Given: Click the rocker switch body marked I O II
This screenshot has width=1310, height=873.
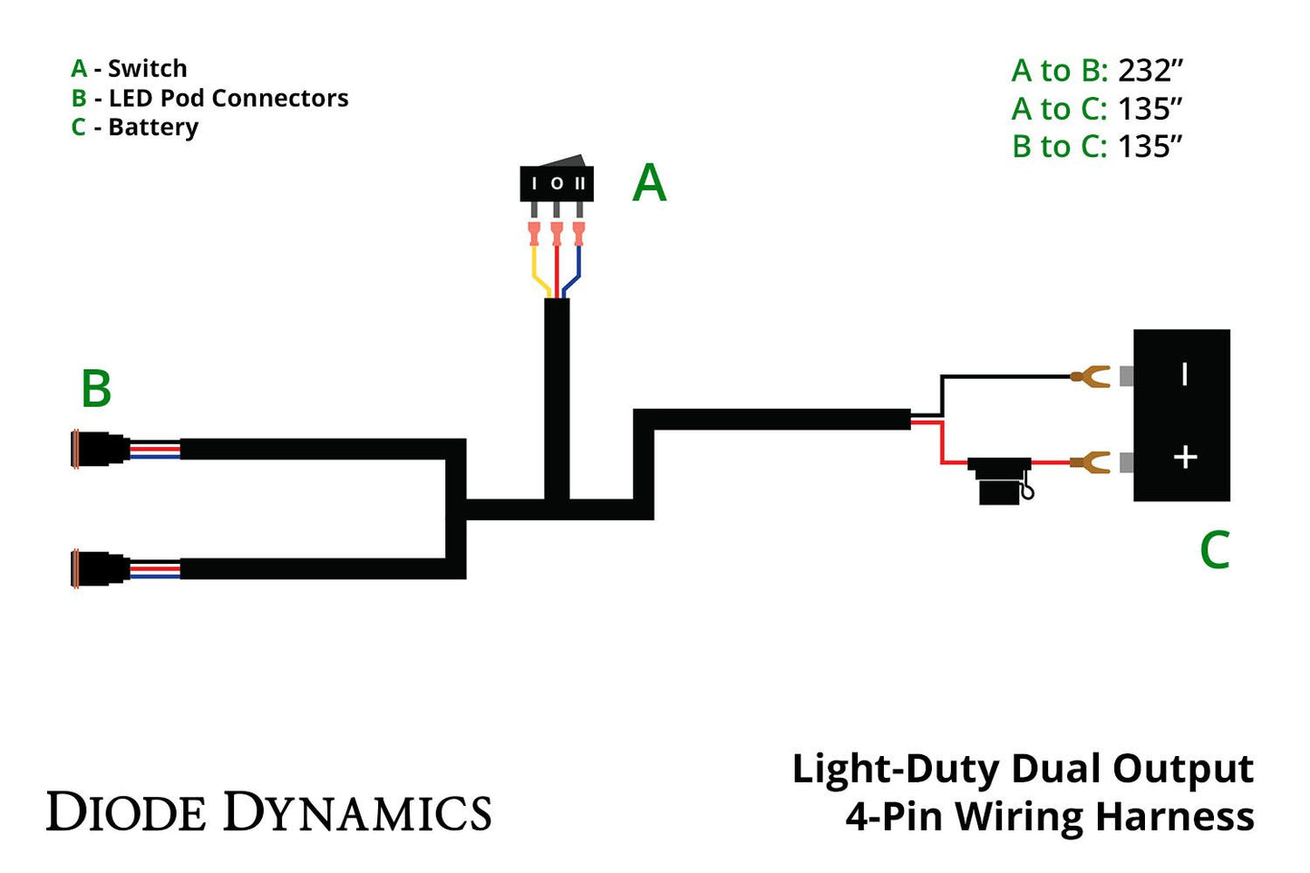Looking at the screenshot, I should [x=556, y=183].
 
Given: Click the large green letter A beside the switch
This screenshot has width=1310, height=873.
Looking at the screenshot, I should [x=649, y=184].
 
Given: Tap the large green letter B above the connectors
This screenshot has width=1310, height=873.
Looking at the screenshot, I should [x=96, y=389].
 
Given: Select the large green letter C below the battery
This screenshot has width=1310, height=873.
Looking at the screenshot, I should [x=1214, y=550].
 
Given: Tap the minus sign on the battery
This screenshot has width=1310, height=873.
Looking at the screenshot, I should [x=1184, y=374].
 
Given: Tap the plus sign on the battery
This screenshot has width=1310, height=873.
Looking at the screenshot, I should [x=1185, y=457].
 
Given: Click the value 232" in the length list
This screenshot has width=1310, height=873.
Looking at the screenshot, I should [x=1150, y=71].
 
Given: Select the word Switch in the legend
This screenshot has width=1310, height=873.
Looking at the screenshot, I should [x=147, y=69].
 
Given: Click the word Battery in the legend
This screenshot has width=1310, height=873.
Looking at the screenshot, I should [x=152, y=127].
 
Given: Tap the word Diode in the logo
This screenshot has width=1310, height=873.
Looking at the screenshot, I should [x=126, y=812].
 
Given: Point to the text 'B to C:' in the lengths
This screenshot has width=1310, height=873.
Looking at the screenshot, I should [x=1059, y=146].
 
